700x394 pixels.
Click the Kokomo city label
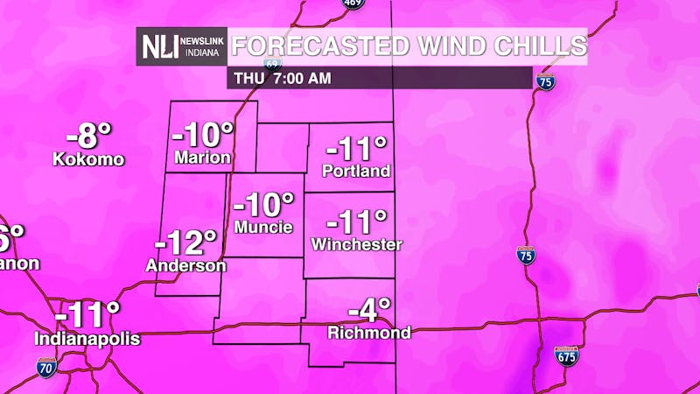88,159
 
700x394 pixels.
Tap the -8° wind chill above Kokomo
90,137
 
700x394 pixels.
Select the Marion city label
202,158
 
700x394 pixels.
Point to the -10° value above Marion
203,136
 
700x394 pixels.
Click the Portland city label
356,172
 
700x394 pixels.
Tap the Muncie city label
265,227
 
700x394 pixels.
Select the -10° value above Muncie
266,204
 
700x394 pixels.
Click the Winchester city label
356,244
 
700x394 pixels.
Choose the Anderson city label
186,265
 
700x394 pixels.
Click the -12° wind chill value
185,241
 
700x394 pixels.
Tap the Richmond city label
369,333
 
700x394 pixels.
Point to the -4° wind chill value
368,310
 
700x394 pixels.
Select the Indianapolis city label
87,339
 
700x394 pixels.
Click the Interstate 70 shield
47,367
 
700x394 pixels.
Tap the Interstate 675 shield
567,355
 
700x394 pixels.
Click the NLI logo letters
160,46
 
